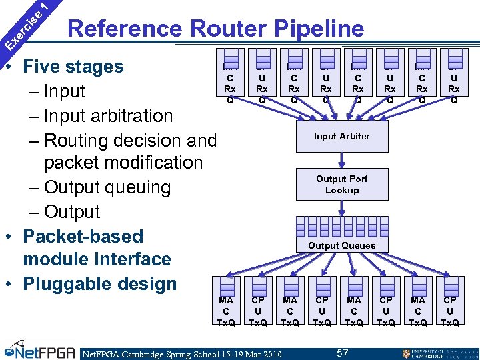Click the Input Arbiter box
point(341,136)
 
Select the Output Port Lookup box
point(341,184)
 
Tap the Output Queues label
point(341,245)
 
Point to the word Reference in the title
point(126,29)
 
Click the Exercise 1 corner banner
point(25,25)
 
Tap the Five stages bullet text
point(73,67)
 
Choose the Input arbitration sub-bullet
point(109,116)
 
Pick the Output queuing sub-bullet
point(107,187)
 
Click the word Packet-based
point(83,237)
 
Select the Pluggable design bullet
point(99,284)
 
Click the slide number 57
point(342,352)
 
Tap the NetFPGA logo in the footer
point(37,351)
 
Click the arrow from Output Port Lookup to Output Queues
point(341,209)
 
